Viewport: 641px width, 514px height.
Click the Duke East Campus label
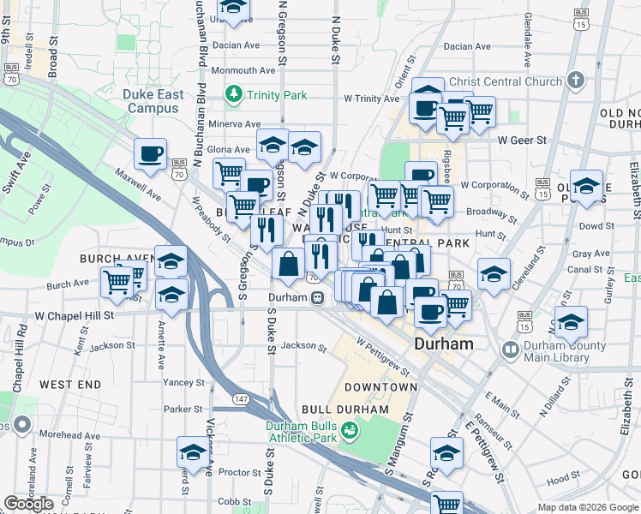tap(153, 101)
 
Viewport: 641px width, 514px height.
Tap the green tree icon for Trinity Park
tap(232, 93)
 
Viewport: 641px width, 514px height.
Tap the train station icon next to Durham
tap(317, 298)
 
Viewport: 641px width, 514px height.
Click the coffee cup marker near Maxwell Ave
tap(151, 154)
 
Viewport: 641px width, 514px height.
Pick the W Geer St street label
tap(522, 140)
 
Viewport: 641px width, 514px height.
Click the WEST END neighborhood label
tap(69, 385)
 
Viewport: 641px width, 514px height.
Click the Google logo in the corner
tap(28, 504)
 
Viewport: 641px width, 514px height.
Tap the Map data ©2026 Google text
tap(587, 507)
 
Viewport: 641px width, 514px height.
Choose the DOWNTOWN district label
tap(380, 387)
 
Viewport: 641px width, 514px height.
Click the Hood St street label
tap(563, 481)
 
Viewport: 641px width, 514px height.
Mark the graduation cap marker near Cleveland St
tap(494, 274)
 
